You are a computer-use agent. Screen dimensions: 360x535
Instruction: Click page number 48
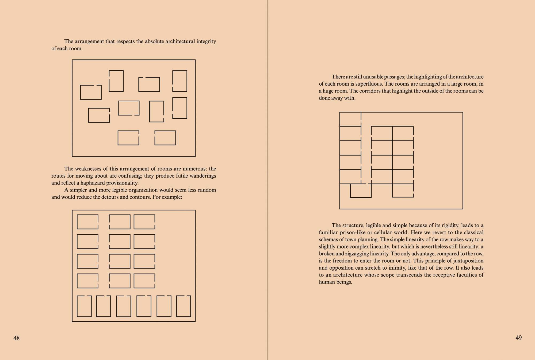pyautogui.click(x=16, y=338)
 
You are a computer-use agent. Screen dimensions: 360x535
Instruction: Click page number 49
pyautogui.click(x=518, y=338)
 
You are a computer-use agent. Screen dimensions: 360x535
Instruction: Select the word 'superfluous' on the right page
pyautogui.click(x=369, y=84)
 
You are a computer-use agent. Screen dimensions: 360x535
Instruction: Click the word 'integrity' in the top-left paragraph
pyautogui.click(x=206, y=41)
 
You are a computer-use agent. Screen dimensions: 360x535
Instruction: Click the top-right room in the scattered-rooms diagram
pyautogui.click(x=180, y=81)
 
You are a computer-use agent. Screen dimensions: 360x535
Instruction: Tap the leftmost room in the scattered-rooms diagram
pyautogui.click(x=91, y=92)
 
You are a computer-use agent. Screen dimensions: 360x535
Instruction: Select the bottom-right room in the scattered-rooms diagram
pyautogui.click(x=165, y=138)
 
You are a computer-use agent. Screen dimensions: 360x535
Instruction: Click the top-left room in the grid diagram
pyautogui.click(x=87, y=222)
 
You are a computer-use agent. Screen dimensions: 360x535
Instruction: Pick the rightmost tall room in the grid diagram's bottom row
pyautogui.click(x=184, y=306)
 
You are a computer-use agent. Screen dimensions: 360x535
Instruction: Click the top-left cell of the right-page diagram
pyautogui.click(x=350, y=119)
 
